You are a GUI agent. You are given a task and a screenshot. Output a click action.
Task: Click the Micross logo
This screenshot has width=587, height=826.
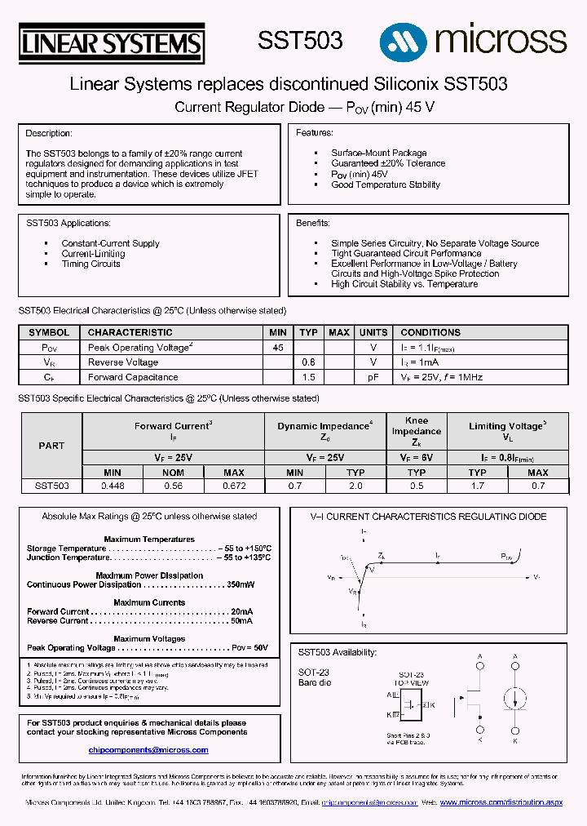(x=473, y=38)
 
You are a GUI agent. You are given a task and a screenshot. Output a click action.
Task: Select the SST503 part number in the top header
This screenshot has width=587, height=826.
(x=300, y=41)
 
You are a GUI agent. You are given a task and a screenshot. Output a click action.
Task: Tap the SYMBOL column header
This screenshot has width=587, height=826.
(x=49, y=332)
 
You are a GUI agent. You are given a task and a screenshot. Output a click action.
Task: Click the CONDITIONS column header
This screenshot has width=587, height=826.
(x=430, y=332)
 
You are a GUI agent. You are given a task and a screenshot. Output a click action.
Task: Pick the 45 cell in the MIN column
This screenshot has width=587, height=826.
(x=278, y=347)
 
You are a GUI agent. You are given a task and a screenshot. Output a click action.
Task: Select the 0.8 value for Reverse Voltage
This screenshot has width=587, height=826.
(x=308, y=362)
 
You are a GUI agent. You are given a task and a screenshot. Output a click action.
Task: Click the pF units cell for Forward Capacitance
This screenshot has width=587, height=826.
(x=373, y=377)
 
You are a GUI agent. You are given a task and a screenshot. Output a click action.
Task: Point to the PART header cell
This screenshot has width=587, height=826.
(x=51, y=446)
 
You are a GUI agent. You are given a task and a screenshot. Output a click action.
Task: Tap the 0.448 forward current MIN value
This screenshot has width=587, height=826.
(x=113, y=486)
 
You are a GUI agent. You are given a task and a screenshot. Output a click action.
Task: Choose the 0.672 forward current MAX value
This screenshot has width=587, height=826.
(x=234, y=486)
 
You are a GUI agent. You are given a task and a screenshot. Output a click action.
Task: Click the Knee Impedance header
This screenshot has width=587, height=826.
(x=416, y=431)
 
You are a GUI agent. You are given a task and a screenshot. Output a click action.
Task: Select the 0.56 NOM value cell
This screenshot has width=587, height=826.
(x=173, y=486)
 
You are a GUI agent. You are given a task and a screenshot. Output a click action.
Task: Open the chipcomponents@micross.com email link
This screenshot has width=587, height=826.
(x=143, y=749)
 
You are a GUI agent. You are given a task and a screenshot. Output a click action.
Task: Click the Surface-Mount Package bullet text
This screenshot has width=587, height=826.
(x=378, y=153)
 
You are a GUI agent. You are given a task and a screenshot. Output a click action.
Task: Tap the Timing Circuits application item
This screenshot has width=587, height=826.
(x=90, y=264)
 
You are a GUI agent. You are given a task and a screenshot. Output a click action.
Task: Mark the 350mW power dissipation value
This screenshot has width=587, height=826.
(x=241, y=584)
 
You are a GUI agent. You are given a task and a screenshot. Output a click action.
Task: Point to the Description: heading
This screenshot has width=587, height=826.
(x=49, y=133)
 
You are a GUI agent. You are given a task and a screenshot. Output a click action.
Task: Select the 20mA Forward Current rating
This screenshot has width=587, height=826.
(x=241, y=611)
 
